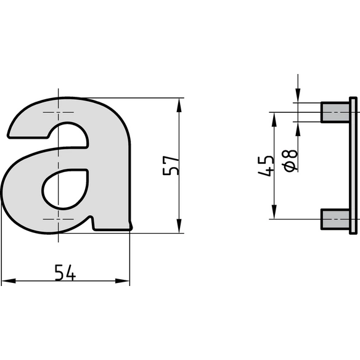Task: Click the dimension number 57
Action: coord(170,166)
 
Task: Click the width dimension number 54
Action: coord(65,272)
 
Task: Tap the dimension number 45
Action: coord(266,166)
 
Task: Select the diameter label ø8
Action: coord(291,160)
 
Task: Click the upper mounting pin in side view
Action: coord(335,112)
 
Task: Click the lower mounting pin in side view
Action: coord(335,219)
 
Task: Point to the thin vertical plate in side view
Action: coord(353,166)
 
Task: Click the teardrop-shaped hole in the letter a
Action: coord(65,189)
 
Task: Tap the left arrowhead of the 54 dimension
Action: coord(9,281)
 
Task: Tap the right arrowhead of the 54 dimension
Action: coord(123,281)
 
